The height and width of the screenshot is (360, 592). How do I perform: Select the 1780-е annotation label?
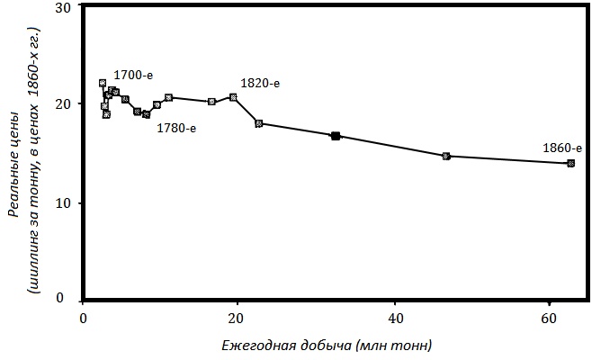(x=176, y=128)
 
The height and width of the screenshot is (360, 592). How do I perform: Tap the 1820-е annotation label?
(x=260, y=83)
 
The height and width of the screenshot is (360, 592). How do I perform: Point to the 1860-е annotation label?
(x=562, y=148)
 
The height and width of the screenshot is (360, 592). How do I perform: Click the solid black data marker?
(x=336, y=136)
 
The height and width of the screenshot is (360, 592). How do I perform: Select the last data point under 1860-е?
(x=570, y=163)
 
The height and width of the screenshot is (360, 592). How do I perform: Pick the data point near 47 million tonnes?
(x=446, y=156)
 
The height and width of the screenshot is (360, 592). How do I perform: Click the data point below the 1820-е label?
(x=233, y=97)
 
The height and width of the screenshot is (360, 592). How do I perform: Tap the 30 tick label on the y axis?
(x=62, y=7)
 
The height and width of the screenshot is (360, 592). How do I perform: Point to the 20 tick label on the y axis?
(x=62, y=104)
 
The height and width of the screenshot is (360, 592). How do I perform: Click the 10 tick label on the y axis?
(x=62, y=202)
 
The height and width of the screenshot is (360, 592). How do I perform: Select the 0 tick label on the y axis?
(x=66, y=299)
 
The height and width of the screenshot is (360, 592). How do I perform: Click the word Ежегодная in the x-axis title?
(x=257, y=346)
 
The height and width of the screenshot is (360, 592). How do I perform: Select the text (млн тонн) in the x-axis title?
(x=393, y=346)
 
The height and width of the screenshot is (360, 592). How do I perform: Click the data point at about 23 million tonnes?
(x=259, y=123)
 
